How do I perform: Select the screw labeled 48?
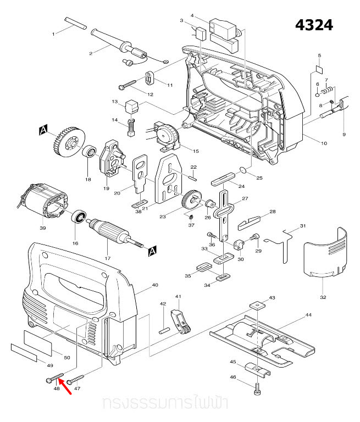54,378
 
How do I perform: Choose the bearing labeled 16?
80,219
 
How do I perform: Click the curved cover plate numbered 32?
326,253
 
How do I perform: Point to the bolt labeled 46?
257,389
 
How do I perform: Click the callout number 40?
154,285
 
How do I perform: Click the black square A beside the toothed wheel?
43,130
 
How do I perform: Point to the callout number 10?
324,143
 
